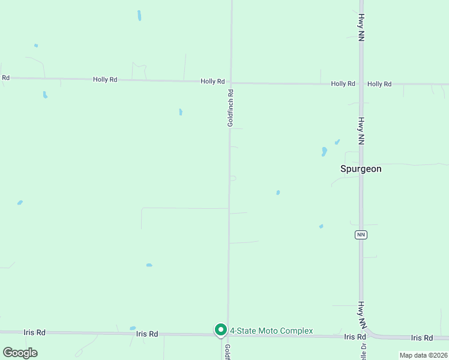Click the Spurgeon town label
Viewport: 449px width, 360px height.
(x=361, y=169)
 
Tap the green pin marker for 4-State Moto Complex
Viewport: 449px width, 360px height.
(x=220, y=330)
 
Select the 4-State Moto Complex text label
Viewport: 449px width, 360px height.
(x=271, y=331)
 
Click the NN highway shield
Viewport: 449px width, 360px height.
(x=361, y=234)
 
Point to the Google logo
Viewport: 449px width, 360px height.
(x=20, y=353)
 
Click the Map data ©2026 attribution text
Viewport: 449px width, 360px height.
(x=423, y=355)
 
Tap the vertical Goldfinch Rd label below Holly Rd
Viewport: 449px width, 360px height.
(x=230, y=108)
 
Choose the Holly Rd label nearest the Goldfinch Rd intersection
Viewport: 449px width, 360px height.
(x=212, y=81)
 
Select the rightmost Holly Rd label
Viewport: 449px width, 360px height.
(x=379, y=84)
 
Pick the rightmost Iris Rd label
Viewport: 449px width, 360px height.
(x=421, y=338)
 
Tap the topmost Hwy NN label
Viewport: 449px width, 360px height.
(x=361, y=28)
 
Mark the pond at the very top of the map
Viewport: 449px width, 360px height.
(x=139, y=16)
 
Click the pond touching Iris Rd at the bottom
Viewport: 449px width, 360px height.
(x=133, y=328)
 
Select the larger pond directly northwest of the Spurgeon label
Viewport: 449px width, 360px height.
(x=324, y=151)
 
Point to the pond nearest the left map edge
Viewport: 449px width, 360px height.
(x=20, y=203)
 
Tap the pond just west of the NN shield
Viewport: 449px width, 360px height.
(x=321, y=226)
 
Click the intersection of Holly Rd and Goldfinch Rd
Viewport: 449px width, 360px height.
(x=231, y=82)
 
